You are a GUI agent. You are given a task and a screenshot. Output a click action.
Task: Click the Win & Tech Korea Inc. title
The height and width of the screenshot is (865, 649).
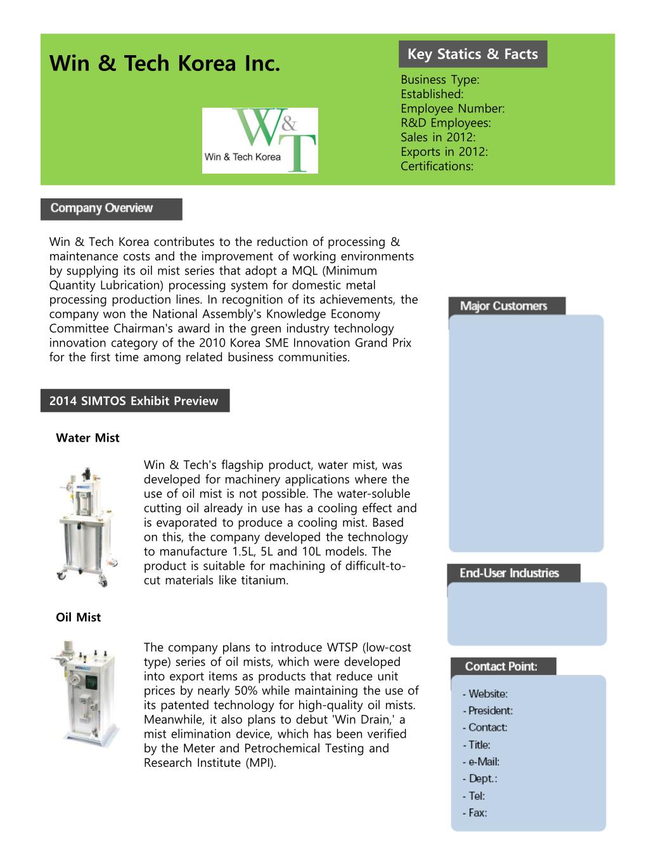[164, 64]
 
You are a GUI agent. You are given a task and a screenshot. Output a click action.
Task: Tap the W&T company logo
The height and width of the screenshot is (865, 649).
[260, 141]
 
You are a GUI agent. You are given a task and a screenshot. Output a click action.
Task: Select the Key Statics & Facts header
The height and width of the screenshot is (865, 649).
[472, 54]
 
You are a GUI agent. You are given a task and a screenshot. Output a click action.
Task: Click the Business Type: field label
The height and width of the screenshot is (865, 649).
[440, 80]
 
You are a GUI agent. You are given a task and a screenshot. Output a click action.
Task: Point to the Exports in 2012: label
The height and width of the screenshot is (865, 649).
[444, 152]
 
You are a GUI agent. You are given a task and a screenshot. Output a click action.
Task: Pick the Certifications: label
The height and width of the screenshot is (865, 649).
[437, 167]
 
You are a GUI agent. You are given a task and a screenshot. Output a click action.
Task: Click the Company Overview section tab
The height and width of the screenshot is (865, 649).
[111, 208]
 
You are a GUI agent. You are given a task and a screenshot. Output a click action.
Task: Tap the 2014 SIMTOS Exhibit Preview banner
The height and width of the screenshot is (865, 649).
[134, 401]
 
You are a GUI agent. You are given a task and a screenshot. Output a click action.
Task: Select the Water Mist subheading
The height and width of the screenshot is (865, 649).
[87, 438]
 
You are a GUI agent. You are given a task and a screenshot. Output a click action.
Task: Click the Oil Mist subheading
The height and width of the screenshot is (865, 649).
[78, 617]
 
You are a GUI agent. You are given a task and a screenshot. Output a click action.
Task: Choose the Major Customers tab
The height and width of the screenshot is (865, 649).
[506, 307]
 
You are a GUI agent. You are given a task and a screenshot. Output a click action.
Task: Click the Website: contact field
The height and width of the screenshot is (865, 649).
[485, 694]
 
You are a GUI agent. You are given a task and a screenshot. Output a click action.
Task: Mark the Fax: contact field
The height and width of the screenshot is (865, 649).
[475, 813]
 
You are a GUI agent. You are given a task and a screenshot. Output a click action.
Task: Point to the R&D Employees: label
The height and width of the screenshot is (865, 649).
[446, 123]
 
